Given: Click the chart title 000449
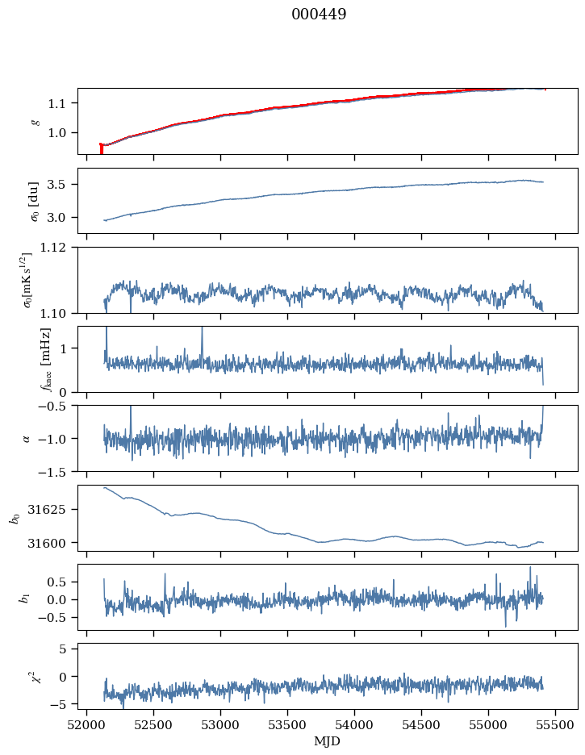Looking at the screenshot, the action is (319, 15).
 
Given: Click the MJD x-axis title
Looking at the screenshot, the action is (328, 741).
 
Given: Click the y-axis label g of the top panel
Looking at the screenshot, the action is (35, 122).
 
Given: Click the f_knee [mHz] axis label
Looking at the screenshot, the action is (46, 360).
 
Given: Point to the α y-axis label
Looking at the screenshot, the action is (26, 439).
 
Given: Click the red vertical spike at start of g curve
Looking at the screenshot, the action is (101, 148).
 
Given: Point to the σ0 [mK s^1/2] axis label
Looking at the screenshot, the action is (27, 280).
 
